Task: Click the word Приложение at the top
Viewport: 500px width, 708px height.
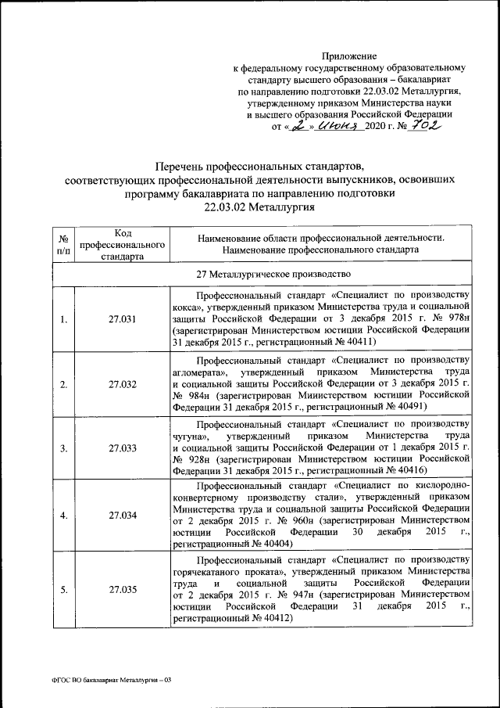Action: point(350,56)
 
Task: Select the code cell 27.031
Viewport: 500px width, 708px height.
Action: point(123,319)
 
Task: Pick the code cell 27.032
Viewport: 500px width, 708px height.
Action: point(123,384)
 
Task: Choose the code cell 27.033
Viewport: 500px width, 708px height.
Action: point(123,448)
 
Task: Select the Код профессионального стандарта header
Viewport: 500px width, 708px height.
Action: point(123,244)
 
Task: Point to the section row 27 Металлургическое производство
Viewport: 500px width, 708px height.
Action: point(261,274)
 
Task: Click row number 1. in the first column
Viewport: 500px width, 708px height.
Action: point(63,319)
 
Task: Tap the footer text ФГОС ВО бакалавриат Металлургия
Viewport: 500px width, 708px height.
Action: point(105,680)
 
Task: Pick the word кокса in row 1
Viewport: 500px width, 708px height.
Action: point(187,308)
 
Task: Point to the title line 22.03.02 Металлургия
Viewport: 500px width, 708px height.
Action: point(259,207)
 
